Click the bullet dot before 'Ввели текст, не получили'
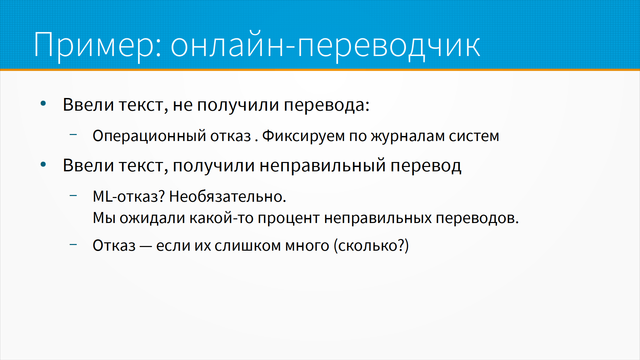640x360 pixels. (43, 104)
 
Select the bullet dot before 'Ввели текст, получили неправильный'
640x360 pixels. (43, 164)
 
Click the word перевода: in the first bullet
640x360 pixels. (327, 106)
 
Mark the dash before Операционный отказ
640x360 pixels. (73, 135)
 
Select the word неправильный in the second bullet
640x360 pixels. (323, 166)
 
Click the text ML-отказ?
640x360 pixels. (129, 197)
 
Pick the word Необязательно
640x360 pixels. (228, 197)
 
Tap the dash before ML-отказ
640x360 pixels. (73, 195)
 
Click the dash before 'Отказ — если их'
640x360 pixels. (73, 244)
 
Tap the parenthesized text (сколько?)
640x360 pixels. (371, 246)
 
